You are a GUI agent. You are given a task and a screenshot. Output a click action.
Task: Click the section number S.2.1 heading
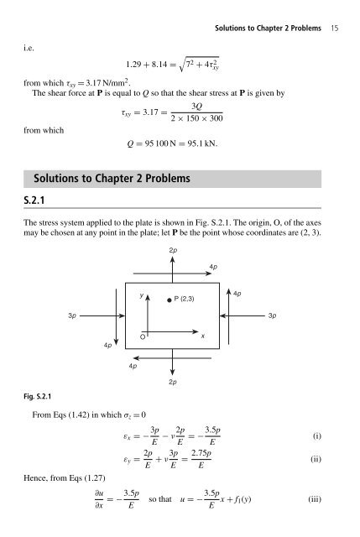pyautogui.click(x=31, y=199)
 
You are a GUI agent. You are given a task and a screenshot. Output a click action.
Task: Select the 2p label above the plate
pyautogui.click(x=173, y=251)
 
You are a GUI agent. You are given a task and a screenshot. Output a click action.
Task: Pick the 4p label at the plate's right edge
pyautogui.click(x=237, y=294)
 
